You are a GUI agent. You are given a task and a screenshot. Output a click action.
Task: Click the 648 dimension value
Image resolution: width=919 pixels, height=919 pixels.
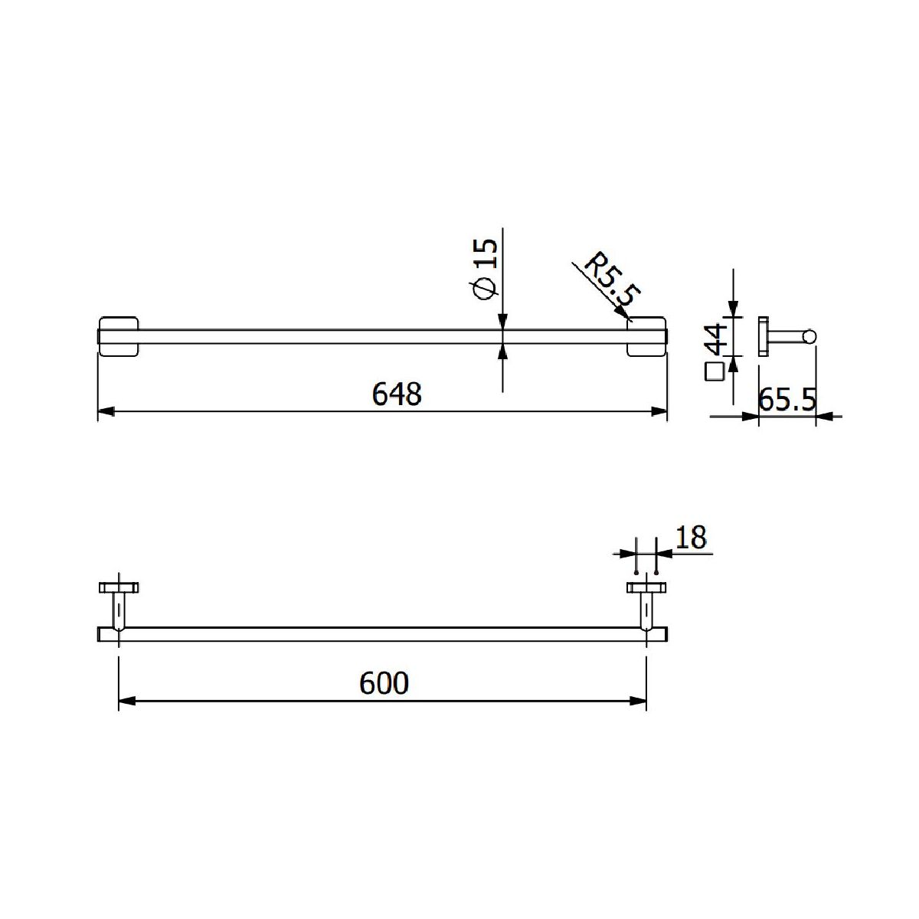click(x=397, y=394)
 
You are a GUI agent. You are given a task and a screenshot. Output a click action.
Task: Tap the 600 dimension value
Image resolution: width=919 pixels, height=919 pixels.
click(x=384, y=683)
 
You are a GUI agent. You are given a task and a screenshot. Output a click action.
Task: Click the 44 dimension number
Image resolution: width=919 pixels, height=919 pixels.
click(x=715, y=338)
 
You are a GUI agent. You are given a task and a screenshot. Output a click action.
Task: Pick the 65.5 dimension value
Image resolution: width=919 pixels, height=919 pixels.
click(x=787, y=400)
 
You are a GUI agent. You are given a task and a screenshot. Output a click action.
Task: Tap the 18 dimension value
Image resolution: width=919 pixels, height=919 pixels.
click(x=691, y=538)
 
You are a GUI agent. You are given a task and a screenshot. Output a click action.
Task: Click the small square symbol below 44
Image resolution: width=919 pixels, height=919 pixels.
click(x=715, y=371)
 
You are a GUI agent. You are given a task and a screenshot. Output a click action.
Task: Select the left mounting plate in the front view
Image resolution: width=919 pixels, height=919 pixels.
click(x=118, y=336)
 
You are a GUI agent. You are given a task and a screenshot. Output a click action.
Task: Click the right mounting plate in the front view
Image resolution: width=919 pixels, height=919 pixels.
click(x=646, y=336)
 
